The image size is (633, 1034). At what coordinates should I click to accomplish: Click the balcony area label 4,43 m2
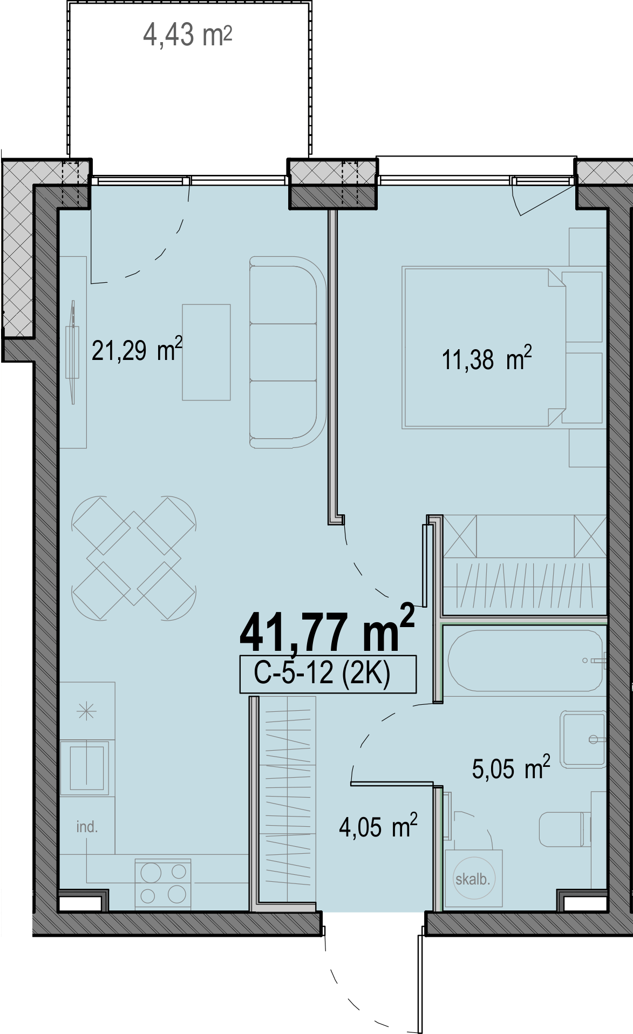(x=187, y=36)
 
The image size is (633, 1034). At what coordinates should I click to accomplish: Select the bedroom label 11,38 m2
(x=487, y=358)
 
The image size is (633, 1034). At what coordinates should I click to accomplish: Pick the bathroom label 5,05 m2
(x=511, y=768)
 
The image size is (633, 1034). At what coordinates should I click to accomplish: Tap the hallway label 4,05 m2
(x=378, y=826)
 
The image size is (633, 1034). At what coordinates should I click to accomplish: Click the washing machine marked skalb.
(x=473, y=878)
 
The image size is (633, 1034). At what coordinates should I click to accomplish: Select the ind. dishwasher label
(x=87, y=827)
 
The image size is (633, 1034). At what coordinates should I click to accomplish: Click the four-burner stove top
(x=163, y=883)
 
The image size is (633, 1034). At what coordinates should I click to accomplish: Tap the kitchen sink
(x=86, y=767)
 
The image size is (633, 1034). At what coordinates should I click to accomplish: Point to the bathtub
(x=525, y=661)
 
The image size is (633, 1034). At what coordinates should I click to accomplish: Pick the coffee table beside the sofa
(x=206, y=352)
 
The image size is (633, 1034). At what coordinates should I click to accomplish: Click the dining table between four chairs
(x=134, y=558)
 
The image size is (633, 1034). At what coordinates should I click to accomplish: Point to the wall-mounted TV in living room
(x=72, y=352)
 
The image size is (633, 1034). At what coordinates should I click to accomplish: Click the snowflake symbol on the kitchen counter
(x=86, y=712)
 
